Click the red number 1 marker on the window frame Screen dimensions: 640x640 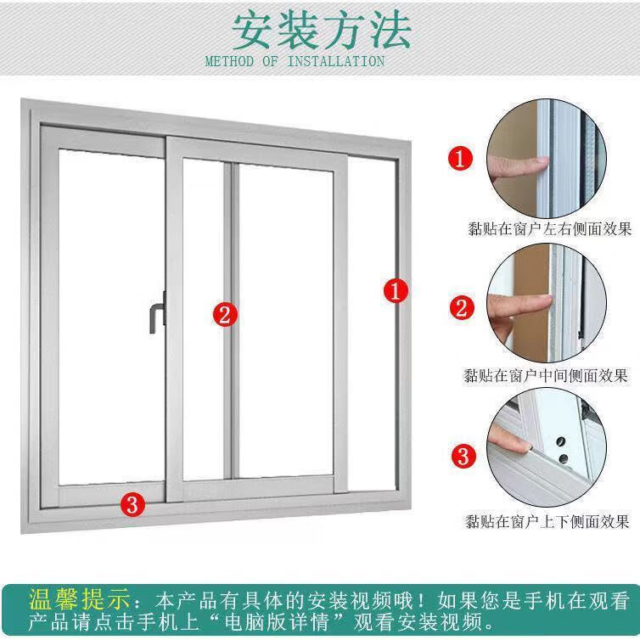coord(396,291)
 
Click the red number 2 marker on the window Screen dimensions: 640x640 coord(224,315)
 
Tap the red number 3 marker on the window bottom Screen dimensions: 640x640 coord(132,503)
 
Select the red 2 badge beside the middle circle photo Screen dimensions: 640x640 coord(462,307)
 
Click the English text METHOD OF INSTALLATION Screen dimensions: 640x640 coord(295,61)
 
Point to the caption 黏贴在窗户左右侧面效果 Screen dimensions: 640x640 coord(548,227)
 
